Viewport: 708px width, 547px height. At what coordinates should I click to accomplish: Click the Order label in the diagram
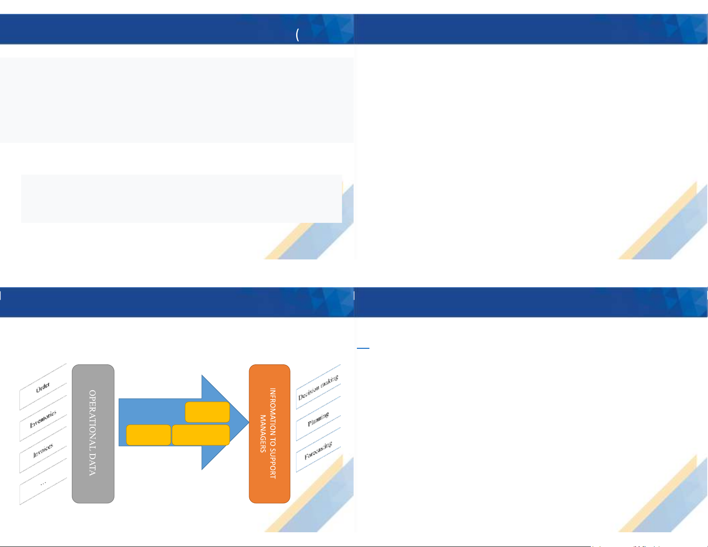click(43, 387)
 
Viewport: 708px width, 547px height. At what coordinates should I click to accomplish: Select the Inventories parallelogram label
click(43, 419)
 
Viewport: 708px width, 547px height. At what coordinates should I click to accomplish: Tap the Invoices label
click(43, 450)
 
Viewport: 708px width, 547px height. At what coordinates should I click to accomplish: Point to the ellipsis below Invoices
click(43, 483)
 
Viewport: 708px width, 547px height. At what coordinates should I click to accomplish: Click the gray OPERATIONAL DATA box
click(93, 434)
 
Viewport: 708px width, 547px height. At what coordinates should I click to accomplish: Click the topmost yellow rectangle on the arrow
click(207, 412)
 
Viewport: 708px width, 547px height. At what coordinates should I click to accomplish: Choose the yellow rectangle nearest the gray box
click(148, 435)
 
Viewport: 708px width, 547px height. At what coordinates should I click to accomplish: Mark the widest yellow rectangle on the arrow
click(201, 435)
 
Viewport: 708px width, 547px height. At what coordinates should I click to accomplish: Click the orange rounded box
click(269, 434)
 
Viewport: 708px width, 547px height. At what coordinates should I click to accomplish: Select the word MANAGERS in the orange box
click(263, 434)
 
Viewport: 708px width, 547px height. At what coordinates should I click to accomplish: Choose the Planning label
click(318, 419)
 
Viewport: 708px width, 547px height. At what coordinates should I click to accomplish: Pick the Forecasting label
click(318, 451)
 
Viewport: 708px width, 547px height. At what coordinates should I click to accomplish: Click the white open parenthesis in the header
click(297, 35)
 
